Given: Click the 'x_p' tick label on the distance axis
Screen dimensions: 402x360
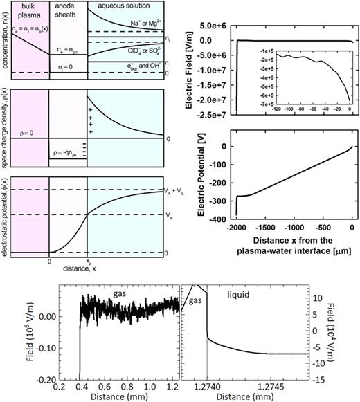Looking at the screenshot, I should click(x=87, y=264).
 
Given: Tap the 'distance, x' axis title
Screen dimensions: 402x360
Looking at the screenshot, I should click(x=67, y=271).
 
